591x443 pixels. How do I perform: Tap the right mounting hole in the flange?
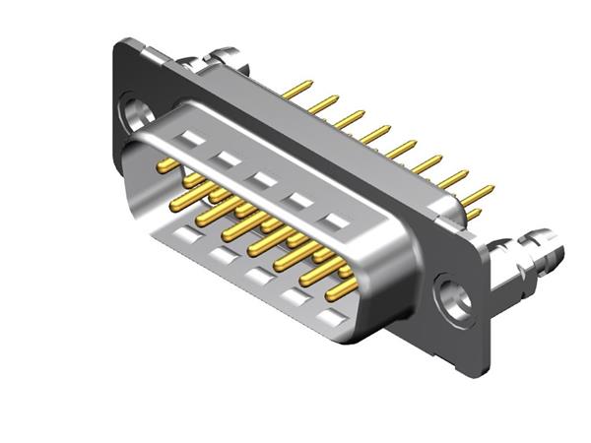(x=455, y=298)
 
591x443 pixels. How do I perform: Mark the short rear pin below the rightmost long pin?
(x=472, y=213)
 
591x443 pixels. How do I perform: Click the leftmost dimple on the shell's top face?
(x=190, y=139)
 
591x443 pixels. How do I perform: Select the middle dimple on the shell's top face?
(x=262, y=180)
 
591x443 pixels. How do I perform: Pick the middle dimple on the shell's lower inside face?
(x=258, y=278)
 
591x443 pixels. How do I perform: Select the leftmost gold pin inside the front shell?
(x=168, y=165)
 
